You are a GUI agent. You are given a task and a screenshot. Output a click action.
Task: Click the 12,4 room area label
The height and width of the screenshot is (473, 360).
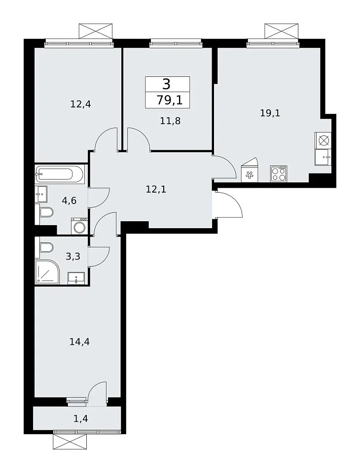(81, 104)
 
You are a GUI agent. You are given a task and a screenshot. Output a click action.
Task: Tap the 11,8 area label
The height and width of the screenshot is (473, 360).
(170, 121)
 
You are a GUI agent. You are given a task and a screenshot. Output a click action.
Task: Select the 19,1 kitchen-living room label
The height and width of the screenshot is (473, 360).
(270, 113)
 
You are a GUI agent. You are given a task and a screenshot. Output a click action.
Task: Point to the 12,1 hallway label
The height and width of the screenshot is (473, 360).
(156, 189)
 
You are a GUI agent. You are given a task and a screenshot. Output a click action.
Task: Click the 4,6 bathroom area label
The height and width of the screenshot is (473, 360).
(69, 201)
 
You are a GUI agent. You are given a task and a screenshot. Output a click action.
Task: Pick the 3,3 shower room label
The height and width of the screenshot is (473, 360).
(73, 256)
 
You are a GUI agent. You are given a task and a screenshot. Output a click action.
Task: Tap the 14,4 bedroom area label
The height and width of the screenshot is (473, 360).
(80, 342)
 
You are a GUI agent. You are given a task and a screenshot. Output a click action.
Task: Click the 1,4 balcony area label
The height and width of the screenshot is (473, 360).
(81, 418)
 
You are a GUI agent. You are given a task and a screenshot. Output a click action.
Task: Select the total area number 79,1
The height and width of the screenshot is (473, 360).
(169, 100)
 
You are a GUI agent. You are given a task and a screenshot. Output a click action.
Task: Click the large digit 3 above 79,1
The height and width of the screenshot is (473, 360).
(166, 84)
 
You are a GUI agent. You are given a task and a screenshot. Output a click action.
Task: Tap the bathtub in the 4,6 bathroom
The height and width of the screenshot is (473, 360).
(59, 174)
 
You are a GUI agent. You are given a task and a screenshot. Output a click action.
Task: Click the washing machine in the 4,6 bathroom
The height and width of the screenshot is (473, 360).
(80, 226)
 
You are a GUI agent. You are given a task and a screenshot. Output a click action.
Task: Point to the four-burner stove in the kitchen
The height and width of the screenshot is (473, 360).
(279, 174)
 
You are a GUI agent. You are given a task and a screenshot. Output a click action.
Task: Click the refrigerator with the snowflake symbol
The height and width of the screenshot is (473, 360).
(250, 171)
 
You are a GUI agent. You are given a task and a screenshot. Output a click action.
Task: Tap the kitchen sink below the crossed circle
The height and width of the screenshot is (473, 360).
(323, 157)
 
